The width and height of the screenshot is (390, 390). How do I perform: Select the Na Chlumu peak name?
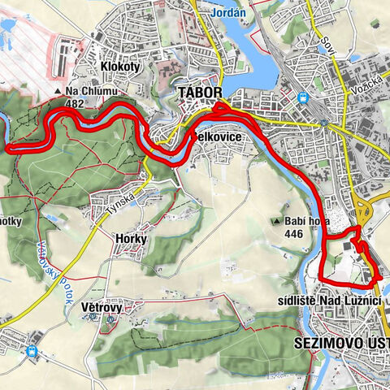pos(91,91)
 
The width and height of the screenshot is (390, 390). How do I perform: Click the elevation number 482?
pos(76,103)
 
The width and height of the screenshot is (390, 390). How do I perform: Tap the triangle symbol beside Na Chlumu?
pos(58,91)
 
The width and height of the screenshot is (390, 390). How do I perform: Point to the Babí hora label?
pos(305,221)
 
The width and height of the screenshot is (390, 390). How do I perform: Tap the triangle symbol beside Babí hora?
pos(276,221)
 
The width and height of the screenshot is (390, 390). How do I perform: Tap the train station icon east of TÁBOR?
pos(303,97)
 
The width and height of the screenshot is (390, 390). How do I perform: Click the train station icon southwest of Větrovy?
pos(32,352)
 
